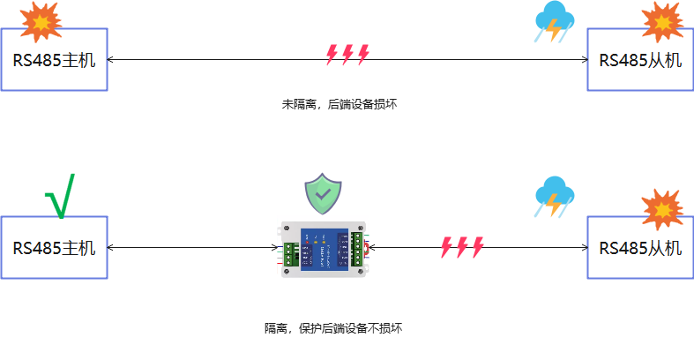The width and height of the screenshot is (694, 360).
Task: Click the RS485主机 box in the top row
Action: [54, 60]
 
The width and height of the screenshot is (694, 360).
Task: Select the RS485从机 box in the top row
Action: [640, 60]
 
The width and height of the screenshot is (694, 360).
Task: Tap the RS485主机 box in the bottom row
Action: [54, 248]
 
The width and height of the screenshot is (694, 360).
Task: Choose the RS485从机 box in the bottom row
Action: [640, 248]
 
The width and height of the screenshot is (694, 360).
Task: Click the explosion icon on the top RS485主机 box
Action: [40, 21]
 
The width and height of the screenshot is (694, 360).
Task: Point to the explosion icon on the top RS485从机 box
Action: [662, 21]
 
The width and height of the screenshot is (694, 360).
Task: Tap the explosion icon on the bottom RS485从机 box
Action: [661, 209]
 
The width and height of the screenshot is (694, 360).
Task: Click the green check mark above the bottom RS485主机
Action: [60, 196]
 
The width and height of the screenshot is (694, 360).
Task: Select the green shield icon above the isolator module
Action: [323, 193]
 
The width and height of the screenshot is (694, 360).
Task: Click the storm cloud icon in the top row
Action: [554, 22]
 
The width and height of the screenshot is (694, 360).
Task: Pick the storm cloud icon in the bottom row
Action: [554, 197]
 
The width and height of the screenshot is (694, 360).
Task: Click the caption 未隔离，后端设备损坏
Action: [340, 104]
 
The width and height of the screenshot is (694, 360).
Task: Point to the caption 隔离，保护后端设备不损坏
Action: [333, 328]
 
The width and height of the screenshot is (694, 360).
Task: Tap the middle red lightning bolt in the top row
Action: [347, 55]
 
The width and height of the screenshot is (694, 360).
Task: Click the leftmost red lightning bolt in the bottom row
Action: [446, 247]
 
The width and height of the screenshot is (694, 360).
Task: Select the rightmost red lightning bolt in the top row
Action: [362, 55]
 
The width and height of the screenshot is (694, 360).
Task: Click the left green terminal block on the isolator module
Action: [289, 253]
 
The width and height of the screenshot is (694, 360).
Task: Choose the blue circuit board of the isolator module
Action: [323, 251]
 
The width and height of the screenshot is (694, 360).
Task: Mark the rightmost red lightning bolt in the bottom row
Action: [478, 247]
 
